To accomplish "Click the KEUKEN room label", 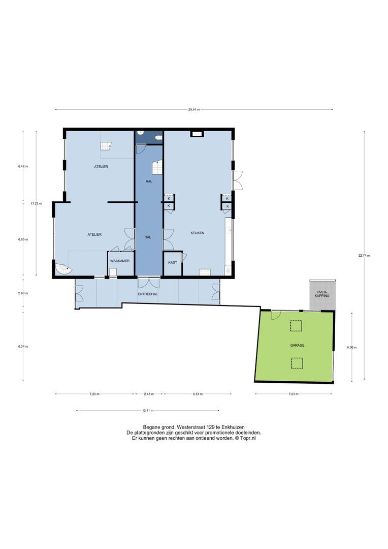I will pyautogui.click(x=197, y=232).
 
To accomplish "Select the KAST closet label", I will pyautogui.click(x=173, y=262).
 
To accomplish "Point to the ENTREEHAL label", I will pyautogui.click(x=148, y=295).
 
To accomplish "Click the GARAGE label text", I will pyautogui.click(x=297, y=345).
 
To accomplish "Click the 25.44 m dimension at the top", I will pyautogui.click(x=193, y=109).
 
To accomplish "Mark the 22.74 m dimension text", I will pyautogui.click(x=364, y=256).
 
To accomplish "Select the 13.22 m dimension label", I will pyautogui.click(x=36, y=203).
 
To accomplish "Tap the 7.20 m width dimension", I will pyautogui.click(x=94, y=393).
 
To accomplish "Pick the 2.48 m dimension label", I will pyautogui.click(x=148, y=393).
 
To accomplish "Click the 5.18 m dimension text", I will pyautogui.click(x=198, y=393).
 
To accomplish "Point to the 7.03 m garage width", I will pyautogui.click(x=294, y=393).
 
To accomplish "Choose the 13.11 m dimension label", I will pyautogui.click(x=147, y=410).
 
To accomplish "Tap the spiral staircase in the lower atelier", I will pyautogui.click(x=62, y=268).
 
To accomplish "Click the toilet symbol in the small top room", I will pyautogui.click(x=158, y=137).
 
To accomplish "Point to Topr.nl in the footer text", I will pyautogui.click(x=247, y=438).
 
